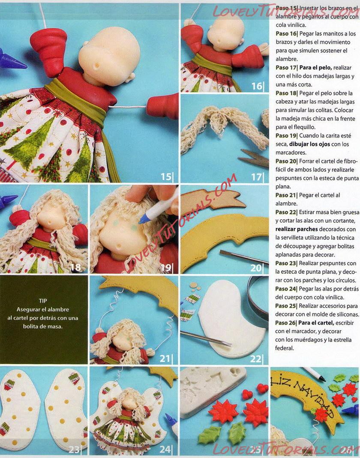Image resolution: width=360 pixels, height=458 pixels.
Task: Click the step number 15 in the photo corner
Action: click(x=166, y=177)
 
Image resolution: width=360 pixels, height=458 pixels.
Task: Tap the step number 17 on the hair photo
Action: click(x=256, y=177)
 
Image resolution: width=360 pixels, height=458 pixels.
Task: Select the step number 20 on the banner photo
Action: click(x=256, y=267)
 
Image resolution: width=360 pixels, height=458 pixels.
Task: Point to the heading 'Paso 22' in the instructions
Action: click(x=286, y=212)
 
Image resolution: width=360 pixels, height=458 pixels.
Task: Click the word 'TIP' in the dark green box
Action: click(x=43, y=301)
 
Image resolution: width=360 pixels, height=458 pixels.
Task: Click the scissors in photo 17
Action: click(x=253, y=158)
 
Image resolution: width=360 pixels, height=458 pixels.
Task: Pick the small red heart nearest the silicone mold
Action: click(x=247, y=395)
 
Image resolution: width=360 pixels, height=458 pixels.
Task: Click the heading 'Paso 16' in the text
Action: click(x=286, y=33)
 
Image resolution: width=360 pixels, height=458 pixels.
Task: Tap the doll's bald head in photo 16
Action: click(x=226, y=32)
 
